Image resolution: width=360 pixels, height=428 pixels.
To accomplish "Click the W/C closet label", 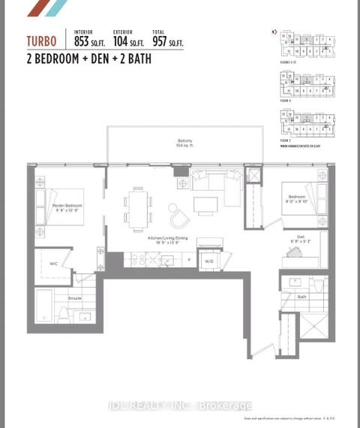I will pos(55,263).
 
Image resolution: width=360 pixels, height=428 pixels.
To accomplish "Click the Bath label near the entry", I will pos(301,297).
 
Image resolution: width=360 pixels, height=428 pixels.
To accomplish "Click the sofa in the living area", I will pos(216,181).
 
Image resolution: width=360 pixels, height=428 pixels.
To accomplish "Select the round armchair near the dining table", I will pos(178,219).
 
